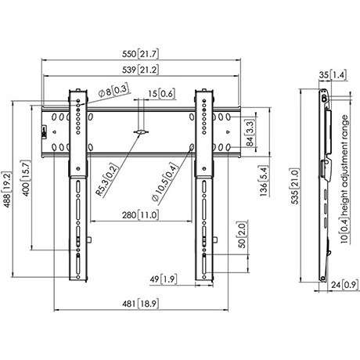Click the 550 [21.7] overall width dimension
point(140,54)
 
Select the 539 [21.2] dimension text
point(140,70)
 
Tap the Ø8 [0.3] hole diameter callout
point(113,91)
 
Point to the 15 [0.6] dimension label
point(162,94)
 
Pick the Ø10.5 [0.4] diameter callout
point(165,182)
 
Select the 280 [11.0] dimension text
point(140,215)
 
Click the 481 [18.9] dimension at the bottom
point(140,304)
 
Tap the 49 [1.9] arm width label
point(164,279)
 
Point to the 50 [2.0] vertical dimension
point(242,235)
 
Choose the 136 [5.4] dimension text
point(264,181)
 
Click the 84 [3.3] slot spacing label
point(250,133)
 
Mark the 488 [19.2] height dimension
point(7,189)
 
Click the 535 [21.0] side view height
point(294,186)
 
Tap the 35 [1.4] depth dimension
point(333,75)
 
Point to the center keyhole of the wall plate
point(141,131)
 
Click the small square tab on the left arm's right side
point(89,239)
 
